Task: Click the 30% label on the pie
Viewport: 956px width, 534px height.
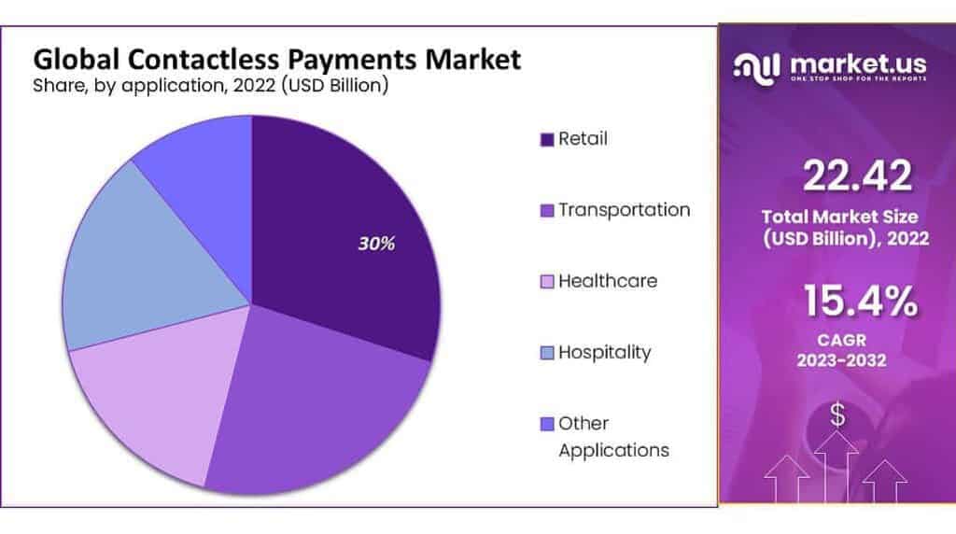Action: click(377, 244)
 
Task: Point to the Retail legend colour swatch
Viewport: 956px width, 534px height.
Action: click(546, 140)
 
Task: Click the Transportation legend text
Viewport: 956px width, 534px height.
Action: click(624, 210)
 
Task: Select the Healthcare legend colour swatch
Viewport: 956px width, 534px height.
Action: click(546, 282)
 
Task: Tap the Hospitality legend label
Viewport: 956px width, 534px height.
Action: click(604, 353)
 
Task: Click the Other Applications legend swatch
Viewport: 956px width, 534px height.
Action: click(546, 425)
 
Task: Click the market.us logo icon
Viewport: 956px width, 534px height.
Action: click(757, 64)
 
